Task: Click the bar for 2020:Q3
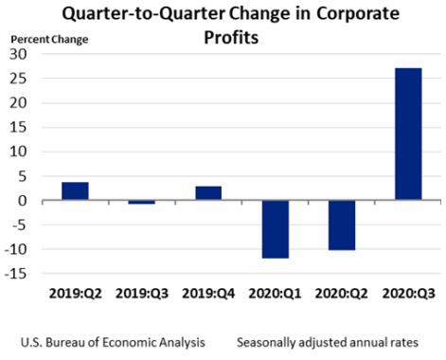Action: click(x=408, y=134)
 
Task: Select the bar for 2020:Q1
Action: click(x=275, y=229)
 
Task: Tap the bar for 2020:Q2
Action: click(x=341, y=225)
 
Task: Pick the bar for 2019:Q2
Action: click(x=75, y=191)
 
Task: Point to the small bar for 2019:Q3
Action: click(x=141, y=203)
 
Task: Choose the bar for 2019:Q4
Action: click(x=208, y=193)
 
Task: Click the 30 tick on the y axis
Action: click(x=22, y=54)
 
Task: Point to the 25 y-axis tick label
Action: click(x=22, y=79)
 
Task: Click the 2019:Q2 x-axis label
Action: click(x=76, y=293)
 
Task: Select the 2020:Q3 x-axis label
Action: click(x=408, y=293)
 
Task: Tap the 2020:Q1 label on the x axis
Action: click(x=275, y=293)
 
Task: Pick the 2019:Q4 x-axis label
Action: click(x=208, y=293)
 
